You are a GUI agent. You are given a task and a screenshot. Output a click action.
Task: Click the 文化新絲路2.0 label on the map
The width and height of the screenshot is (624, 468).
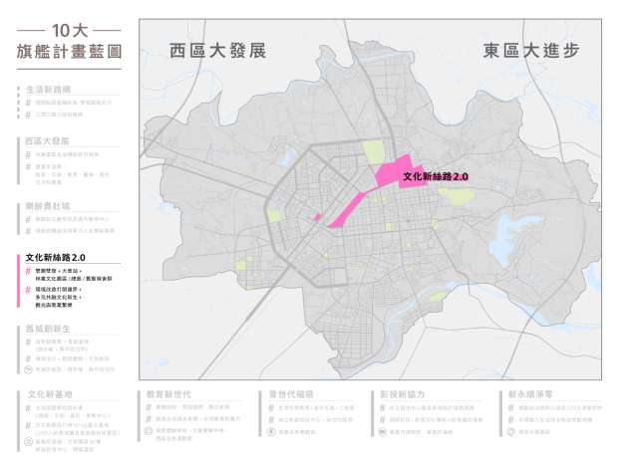436,176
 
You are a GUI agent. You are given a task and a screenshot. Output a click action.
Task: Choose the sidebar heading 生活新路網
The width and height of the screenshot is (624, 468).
52,89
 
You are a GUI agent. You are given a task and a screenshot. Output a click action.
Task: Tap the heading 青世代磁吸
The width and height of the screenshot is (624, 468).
291,395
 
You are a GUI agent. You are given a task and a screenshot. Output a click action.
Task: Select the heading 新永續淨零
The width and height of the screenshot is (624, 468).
528,395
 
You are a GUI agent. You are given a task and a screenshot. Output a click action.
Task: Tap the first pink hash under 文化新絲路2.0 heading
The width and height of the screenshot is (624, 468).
28,269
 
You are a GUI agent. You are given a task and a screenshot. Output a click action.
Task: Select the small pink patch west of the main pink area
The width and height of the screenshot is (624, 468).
317,216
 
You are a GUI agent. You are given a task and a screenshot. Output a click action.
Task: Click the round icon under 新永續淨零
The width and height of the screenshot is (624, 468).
510,432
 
